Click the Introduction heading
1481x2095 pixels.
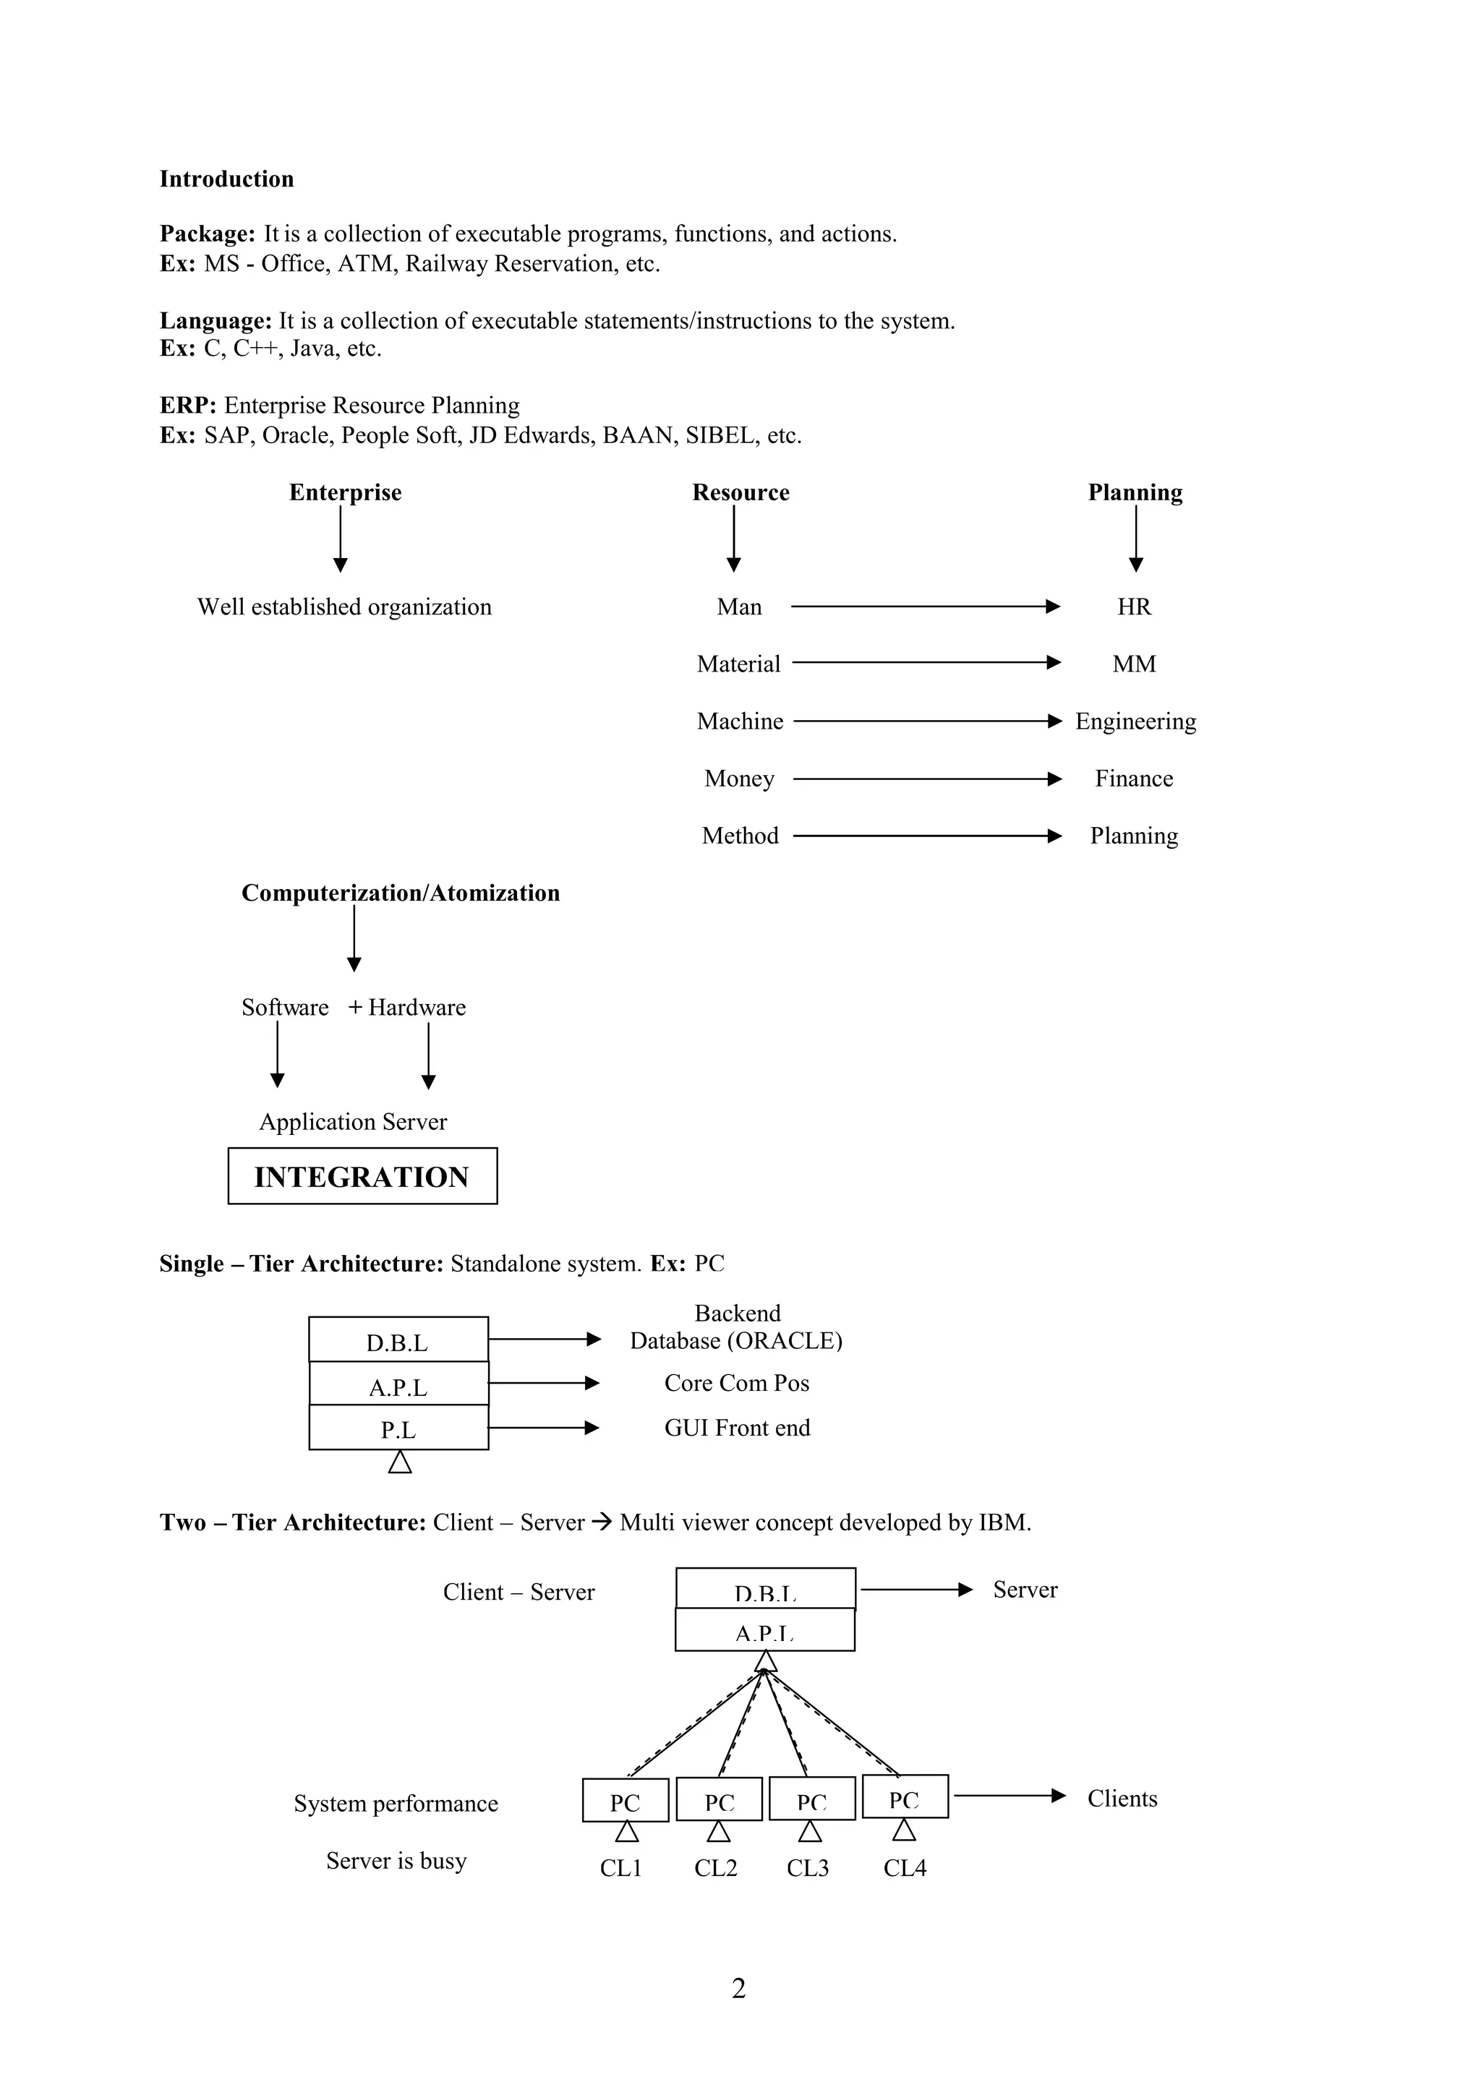[226, 179]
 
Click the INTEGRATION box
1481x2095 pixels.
[362, 1176]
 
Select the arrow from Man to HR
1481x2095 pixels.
[924, 606]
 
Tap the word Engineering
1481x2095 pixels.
[1135, 721]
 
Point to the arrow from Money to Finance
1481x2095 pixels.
[926, 779]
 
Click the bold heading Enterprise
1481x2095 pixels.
[345, 493]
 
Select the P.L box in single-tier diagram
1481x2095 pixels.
[398, 1429]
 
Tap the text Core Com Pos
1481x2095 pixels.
[736, 1383]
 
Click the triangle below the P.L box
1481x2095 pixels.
[400, 1462]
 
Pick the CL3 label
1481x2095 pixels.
[808, 1868]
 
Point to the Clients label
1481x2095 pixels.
[1122, 1799]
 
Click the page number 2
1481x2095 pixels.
[738, 1988]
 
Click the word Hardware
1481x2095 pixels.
[417, 1007]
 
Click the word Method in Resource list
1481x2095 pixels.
[740, 836]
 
